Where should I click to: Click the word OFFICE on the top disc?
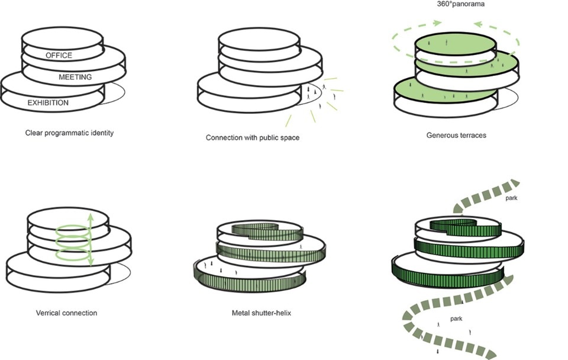pos(59,56)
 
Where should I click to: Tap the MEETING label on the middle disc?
pos(75,77)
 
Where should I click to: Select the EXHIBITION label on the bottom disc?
pos(48,103)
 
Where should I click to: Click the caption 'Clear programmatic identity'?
pos(69,133)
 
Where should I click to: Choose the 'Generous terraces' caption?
pos(456,135)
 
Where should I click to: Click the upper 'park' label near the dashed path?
pos(511,198)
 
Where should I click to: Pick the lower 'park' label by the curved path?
pos(456,319)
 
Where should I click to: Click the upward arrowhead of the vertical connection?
pos(91,217)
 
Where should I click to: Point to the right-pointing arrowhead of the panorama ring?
pos(437,23)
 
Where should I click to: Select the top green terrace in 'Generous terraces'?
pos(454,45)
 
